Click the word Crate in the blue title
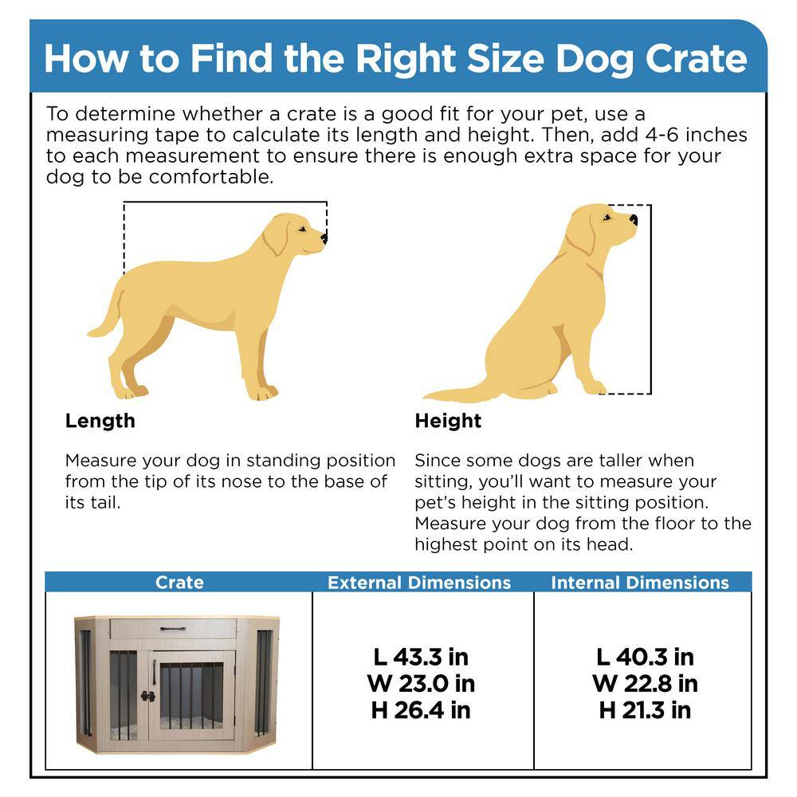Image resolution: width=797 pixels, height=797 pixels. tap(697, 59)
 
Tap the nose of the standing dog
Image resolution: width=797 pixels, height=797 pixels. tap(324, 238)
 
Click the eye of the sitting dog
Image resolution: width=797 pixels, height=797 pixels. tap(606, 218)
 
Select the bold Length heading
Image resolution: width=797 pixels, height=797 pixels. tap(100, 421)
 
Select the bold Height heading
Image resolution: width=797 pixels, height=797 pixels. tap(448, 421)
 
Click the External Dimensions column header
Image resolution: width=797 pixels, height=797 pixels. tap(419, 583)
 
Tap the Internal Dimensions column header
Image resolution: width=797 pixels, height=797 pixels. tap(640, 583)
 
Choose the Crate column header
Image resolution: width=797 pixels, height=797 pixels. tap(179, 583)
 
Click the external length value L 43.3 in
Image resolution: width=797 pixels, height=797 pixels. tap(421, 658)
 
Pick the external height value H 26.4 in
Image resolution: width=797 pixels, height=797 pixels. tap(421, 710)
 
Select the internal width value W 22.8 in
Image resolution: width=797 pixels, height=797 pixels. tap(645, 684)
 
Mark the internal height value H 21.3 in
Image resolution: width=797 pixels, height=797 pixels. tap(645, 710)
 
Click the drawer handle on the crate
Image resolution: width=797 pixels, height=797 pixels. tap(173, 630)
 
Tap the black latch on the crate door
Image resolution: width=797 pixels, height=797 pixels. tap(148, 697)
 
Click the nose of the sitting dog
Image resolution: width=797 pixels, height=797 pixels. tap(634, 220)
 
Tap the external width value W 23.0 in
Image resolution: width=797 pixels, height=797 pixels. tap(421, 684)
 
